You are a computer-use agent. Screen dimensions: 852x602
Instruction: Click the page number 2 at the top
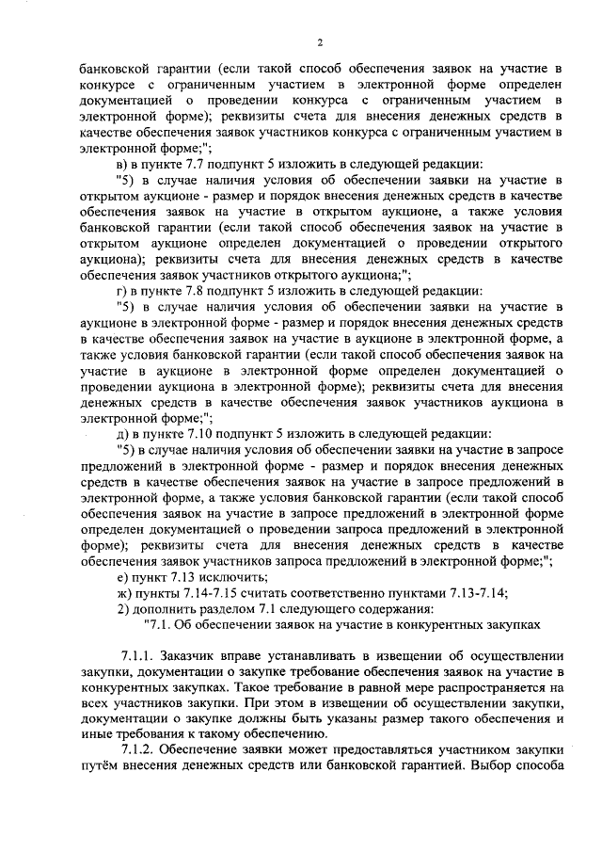(x=320, y=42)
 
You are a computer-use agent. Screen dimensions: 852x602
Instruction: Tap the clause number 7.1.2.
(x=140, y=750)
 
